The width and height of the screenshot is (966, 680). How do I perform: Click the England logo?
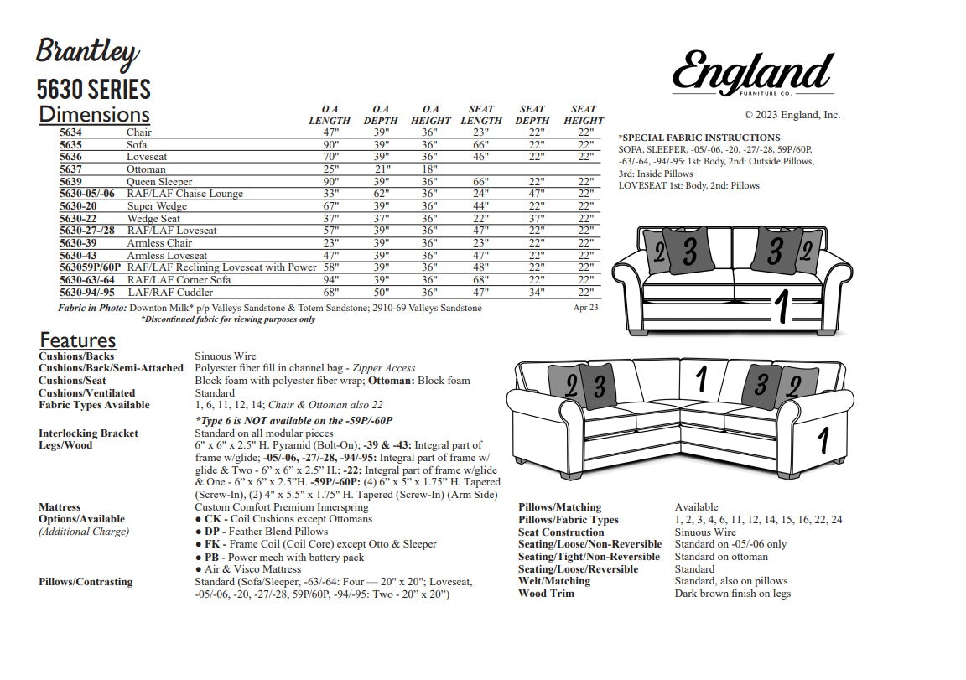click(x=752, y=72)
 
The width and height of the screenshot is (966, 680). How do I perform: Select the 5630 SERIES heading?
click(x=93, y=89)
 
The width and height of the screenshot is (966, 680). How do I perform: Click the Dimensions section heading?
click(x=94, y=114)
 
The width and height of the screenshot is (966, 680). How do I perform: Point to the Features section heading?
click(x=77, y=340)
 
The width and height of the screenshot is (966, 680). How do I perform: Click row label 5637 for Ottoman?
click(x=70, y=169)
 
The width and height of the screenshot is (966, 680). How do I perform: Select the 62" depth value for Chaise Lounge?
click(x=381, y=194)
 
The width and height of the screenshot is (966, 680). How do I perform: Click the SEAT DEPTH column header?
click(x=532, y=115)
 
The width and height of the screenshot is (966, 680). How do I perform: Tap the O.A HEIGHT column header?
click(x=431, y=115)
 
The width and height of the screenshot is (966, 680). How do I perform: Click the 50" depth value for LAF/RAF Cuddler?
click(x=381, y=293)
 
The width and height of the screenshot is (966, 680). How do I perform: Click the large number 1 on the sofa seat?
click(x=781, y=308)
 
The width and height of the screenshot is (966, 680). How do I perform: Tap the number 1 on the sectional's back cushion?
click(x=700, y=379)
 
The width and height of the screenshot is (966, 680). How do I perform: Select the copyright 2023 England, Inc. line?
click(x=792, y=115)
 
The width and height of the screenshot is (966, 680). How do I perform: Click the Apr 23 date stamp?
click(x=585, y=308)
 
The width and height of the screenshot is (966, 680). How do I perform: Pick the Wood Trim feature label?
click(x=546, y=594)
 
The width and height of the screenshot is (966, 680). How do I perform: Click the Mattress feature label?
click(x=60, y=507)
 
